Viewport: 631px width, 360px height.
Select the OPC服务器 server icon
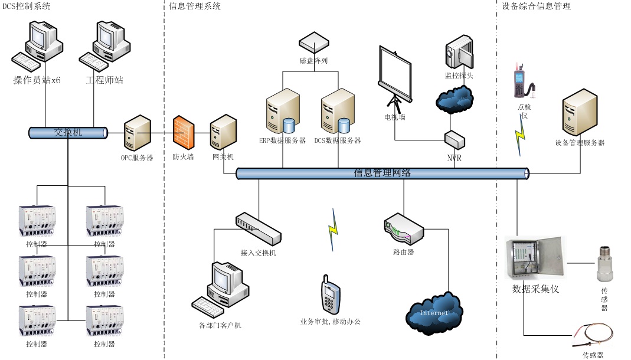click(137, 133)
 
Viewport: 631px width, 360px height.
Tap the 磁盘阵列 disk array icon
click(313, 42)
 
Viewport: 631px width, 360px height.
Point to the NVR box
click(455, 140)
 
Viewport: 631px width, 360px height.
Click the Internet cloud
click(434, 311)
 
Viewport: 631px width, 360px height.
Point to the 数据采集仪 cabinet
click(534, 257)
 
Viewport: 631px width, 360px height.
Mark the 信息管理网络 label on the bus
click(382, 173)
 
